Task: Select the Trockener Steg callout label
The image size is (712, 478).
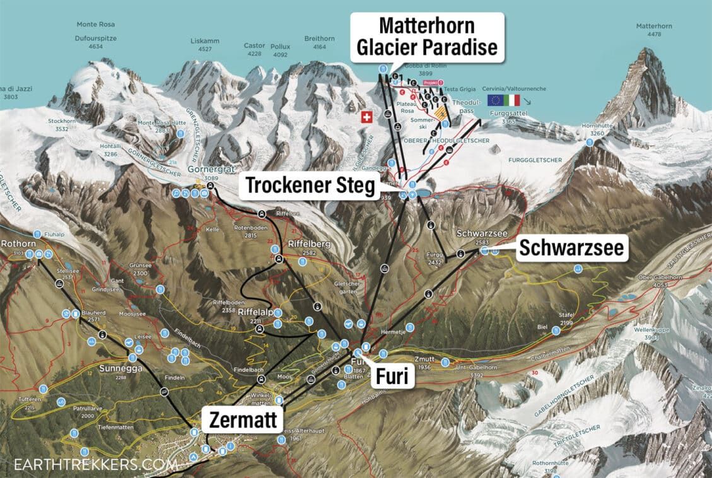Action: coord(310,186)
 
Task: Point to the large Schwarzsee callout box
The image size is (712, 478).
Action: coord(571,248)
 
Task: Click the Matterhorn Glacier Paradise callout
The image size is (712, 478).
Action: coord(426,37)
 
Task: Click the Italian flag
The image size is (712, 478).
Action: coord(511,100)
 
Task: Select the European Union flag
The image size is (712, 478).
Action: coord(494,100)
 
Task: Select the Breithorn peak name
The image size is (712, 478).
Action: coord(319,38)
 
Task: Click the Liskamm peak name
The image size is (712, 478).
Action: coord(205,41)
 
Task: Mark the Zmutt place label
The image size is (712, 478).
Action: coord(424,359)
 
